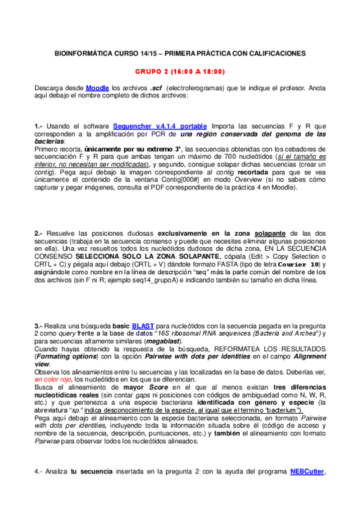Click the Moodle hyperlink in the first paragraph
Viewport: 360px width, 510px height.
(98, 88)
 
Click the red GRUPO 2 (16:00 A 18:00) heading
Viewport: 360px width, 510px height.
(180, 72)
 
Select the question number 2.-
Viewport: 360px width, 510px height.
(38, 232)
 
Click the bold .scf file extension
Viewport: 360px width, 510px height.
(157, 88)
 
